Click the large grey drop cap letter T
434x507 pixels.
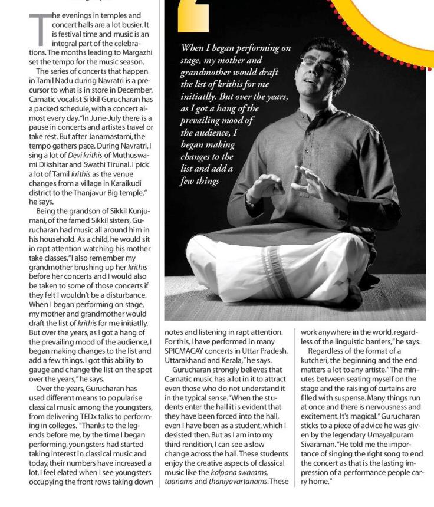click(40, 29)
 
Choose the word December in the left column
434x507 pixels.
click(135, 90)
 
